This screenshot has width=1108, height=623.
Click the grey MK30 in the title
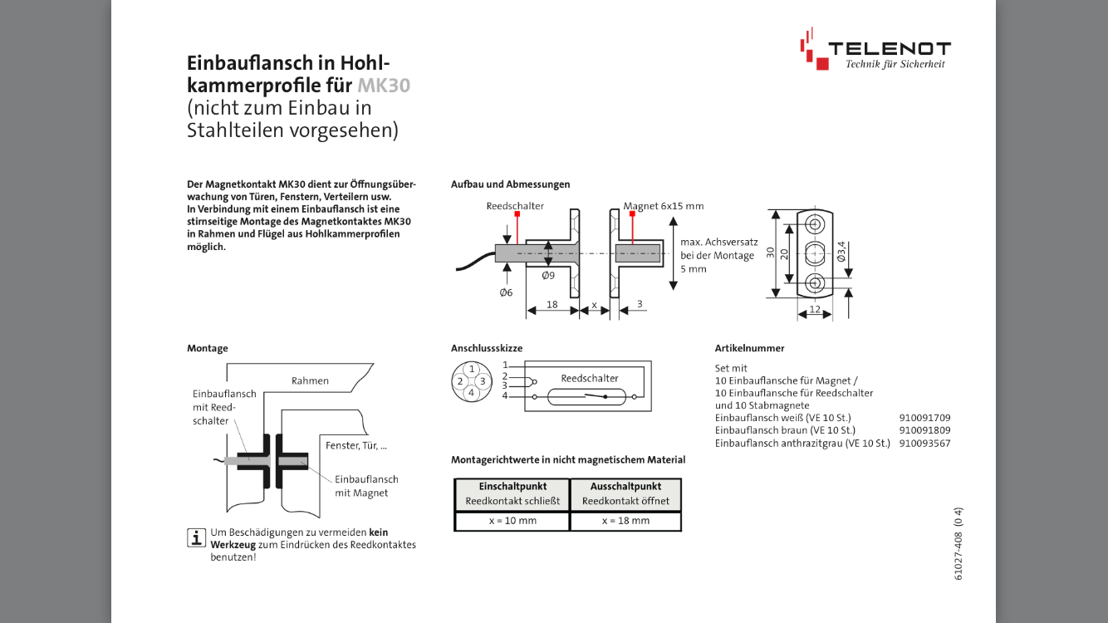tap(384, 85)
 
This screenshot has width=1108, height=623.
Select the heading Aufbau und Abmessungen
tap(510, 184)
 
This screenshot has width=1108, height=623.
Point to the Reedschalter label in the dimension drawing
tap(515, 205)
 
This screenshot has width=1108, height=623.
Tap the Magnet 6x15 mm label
tap(664, 206)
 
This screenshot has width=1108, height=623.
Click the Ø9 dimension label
tap(548, 275)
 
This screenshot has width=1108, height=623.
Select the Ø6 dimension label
tap(506, 292)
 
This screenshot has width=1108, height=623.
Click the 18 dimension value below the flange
tap(552, 305)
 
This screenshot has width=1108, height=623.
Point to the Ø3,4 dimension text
tap(841, 252)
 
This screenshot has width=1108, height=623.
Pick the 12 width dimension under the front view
tap(814, 309)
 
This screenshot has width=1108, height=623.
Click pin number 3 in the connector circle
tap(482, 381)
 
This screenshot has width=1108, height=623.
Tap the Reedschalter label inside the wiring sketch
tap(590, 378)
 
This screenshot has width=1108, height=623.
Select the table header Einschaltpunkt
tap(512, 486)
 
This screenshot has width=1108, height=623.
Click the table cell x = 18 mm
tap(626, 521)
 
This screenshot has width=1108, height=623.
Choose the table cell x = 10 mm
tap(512, 521)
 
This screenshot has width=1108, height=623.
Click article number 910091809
tap(924, 430)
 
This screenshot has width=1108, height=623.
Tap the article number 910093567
tap(924, 443)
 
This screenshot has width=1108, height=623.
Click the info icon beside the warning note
tap(196, 537)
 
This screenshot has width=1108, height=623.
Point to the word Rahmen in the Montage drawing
tap(310, 380)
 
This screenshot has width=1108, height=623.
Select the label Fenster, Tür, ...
tap(355, 445)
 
